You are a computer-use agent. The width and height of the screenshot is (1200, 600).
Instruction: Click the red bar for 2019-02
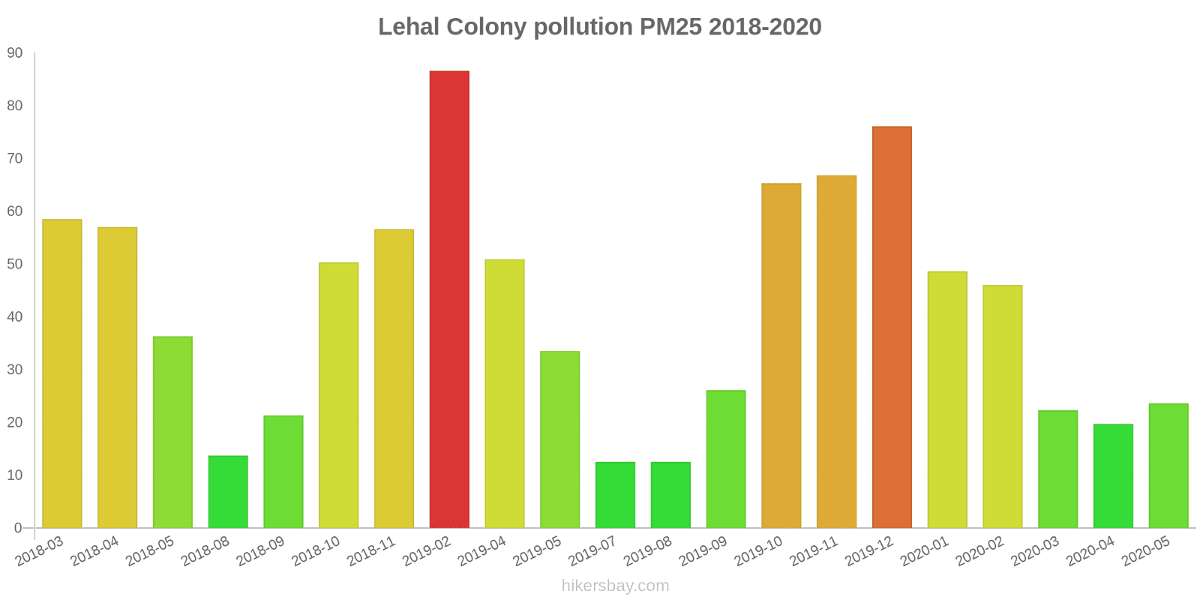tap(449, 299)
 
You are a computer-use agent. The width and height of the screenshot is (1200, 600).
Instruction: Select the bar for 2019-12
tap(892, 327)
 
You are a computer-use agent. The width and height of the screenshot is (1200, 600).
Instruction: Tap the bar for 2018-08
tap(228, 492)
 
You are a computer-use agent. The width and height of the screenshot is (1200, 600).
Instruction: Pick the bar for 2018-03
tap(62, 373)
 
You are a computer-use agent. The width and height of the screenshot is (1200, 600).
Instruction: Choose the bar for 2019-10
tap(781, 355)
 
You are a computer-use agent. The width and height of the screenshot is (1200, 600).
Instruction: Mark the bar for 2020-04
tap(1113, 476)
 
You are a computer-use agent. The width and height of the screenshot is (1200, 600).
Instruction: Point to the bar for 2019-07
tap(615, 495)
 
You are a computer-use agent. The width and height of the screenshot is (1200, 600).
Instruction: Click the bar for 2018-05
tap(172, 432)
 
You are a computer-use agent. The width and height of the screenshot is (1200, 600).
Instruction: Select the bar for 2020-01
tap(947, 400)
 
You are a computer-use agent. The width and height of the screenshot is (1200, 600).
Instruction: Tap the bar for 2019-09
tap(726, 459)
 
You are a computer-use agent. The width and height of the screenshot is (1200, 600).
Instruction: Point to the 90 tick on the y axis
tap(15, 53)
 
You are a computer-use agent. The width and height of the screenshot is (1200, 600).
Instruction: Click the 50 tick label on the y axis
tap(15, 264)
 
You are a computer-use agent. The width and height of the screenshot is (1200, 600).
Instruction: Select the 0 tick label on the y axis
tap(18, 528)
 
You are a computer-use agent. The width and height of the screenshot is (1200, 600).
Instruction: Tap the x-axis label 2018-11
tap(372, 552)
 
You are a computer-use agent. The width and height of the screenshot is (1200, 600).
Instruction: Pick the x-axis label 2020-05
tap(1146, 552)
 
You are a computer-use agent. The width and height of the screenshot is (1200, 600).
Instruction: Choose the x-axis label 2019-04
tap(482, 552)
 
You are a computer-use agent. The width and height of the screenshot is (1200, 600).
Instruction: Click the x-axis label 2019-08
tap(648, 552)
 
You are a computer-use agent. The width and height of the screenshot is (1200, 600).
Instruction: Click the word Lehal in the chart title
tap(408, 27)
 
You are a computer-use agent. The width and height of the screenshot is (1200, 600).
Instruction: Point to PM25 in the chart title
tap(670, 27)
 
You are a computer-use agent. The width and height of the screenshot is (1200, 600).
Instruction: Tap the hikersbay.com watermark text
tap(615, 586)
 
